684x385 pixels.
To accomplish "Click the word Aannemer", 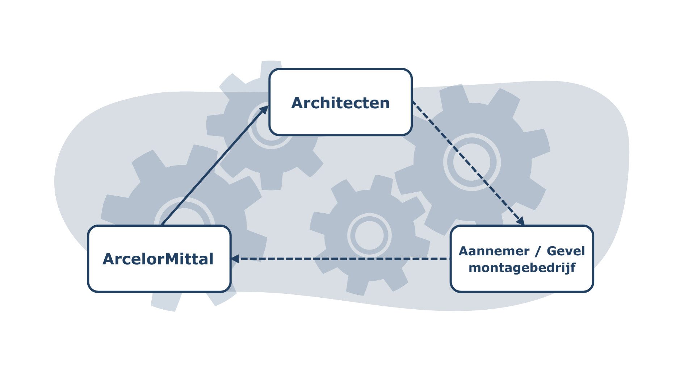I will click(494, 251).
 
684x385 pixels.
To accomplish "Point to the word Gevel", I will click(566, 251).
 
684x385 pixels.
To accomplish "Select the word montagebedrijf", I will click(522, 268).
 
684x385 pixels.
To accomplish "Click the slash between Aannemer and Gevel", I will click(538, 251).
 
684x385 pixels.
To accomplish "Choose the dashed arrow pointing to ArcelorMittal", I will click(340, 259).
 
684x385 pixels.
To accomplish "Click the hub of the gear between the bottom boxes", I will click(369, 235).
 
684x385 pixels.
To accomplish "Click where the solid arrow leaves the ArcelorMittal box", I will click(162, 225).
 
